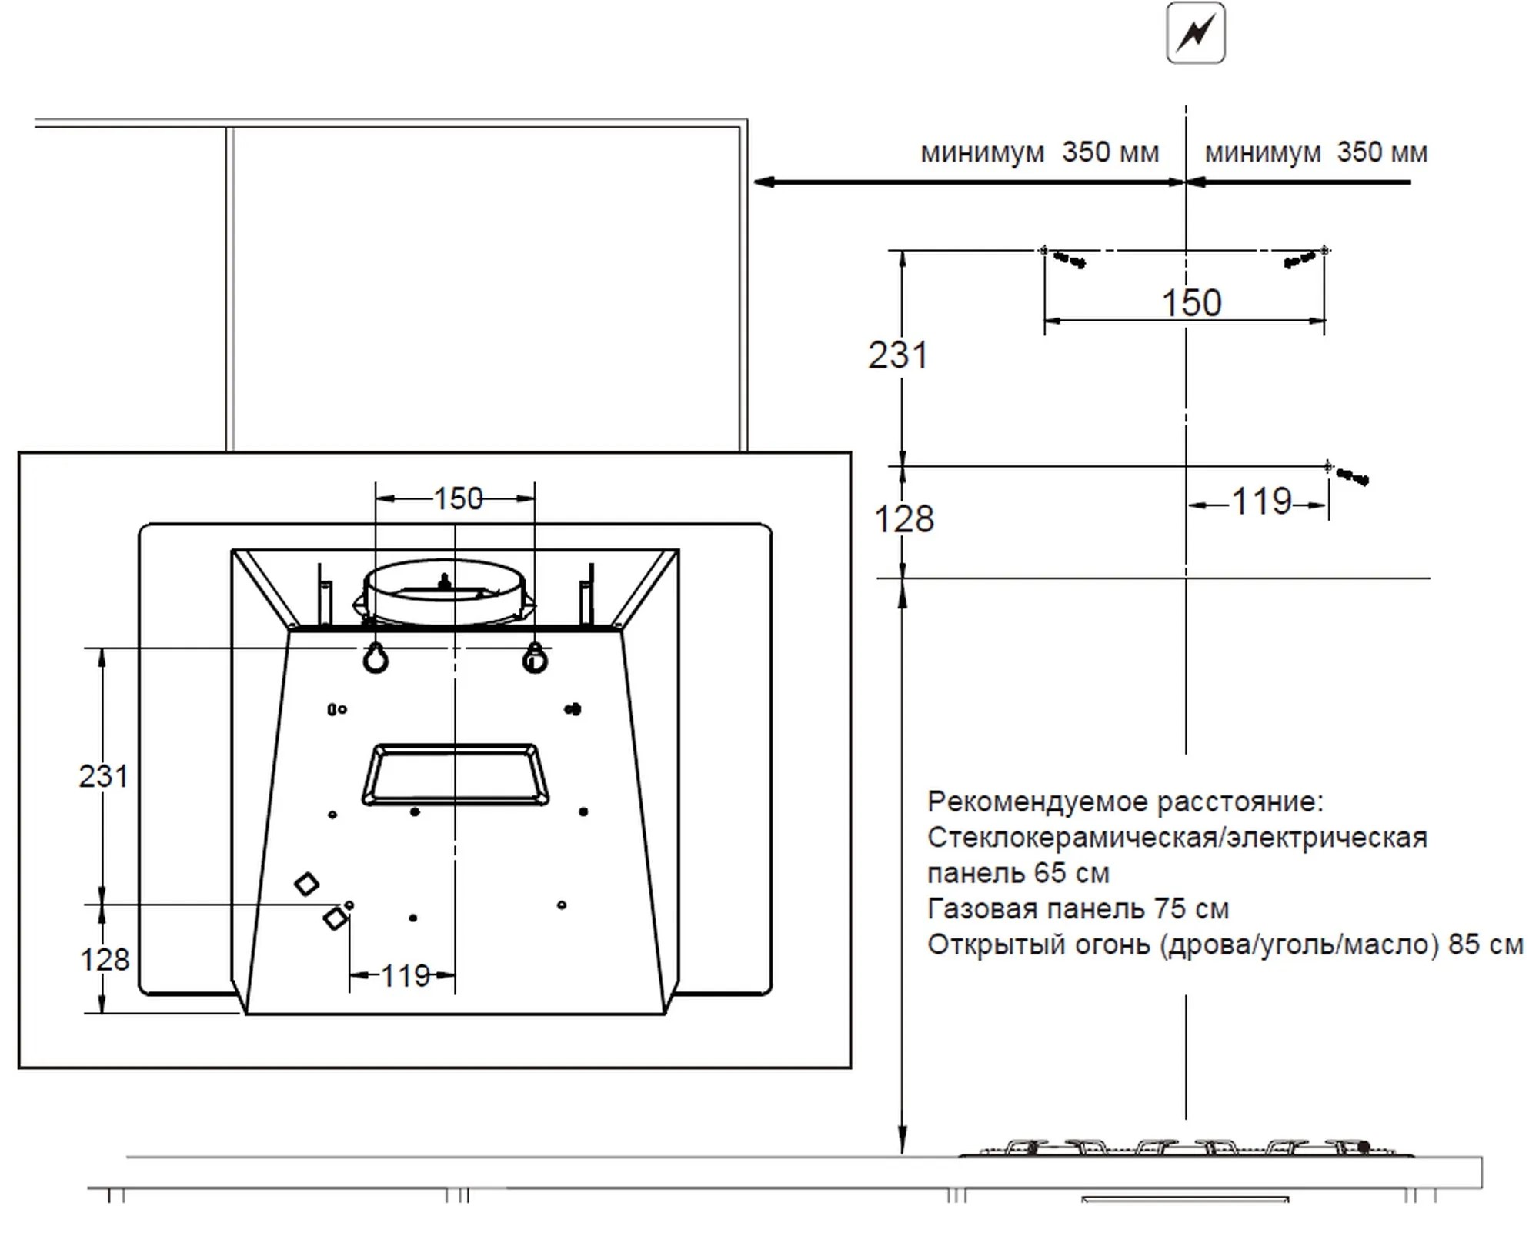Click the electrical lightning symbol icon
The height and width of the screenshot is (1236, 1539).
(1195, 33)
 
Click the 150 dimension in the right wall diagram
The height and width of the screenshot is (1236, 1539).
(1190, 302)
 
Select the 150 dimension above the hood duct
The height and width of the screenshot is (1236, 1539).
(458, 499)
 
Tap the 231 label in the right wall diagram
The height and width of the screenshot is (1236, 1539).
(898, 355)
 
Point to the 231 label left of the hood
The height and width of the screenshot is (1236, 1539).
(103, 776)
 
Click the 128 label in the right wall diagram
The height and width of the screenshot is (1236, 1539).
(903, 519)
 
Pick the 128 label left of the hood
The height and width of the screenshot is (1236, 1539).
(105, 960)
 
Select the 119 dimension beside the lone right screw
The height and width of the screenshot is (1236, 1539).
(1261, 502)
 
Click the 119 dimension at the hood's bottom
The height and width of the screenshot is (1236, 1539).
(405, 976)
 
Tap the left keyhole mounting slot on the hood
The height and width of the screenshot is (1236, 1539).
(376, 659)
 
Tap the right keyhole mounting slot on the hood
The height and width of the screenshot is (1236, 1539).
(535, 659)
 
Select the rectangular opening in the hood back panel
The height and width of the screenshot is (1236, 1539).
(455, 775)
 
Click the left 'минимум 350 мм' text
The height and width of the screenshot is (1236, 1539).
(1039, 152)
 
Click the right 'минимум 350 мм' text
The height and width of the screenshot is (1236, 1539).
(1315, 152)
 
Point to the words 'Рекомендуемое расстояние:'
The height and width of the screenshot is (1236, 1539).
(1125, 802)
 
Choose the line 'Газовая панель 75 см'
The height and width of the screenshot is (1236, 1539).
(1077, 909)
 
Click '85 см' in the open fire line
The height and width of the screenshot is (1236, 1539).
(1484, 944)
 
